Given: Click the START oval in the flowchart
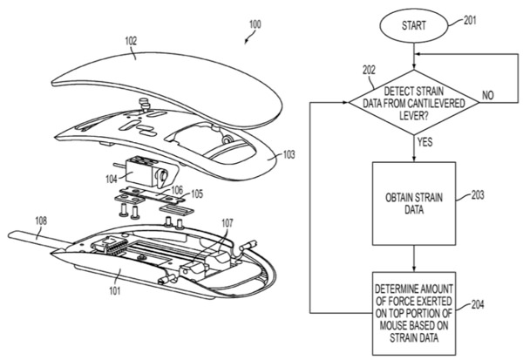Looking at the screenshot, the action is [413, 26].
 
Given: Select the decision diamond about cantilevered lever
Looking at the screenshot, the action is [414, 103].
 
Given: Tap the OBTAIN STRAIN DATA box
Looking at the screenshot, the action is [414, 204].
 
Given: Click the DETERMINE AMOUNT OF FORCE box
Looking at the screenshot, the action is [414, 313].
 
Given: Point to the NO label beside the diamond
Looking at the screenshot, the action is [487, 95].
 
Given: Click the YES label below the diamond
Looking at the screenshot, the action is [425, 142].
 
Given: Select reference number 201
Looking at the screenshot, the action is [470, 20].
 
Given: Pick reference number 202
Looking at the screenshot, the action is [369, 70].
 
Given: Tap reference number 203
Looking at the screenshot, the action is [478, 195].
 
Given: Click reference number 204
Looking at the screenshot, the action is [478, 304].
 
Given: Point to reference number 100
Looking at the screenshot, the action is [255, 24].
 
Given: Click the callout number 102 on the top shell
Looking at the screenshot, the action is [131, 41].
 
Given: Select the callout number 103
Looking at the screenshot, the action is [289, 154].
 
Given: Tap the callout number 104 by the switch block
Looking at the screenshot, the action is [112, 180].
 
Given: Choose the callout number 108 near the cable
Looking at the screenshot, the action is [41, 221].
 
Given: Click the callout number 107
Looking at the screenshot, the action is [228, 223].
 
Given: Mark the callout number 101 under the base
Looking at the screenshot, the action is [114, 290].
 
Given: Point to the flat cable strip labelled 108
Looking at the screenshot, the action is [38, 240].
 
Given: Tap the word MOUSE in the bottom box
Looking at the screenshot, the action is [394, 325].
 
